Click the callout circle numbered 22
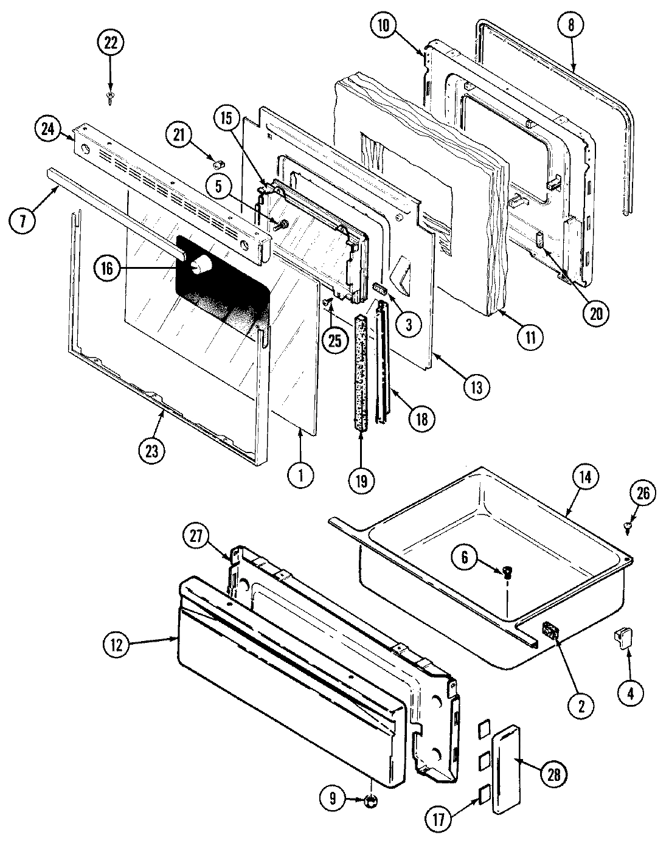coord(110,44)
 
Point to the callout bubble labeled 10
coord(385,26)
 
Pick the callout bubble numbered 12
coord(117,645)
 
